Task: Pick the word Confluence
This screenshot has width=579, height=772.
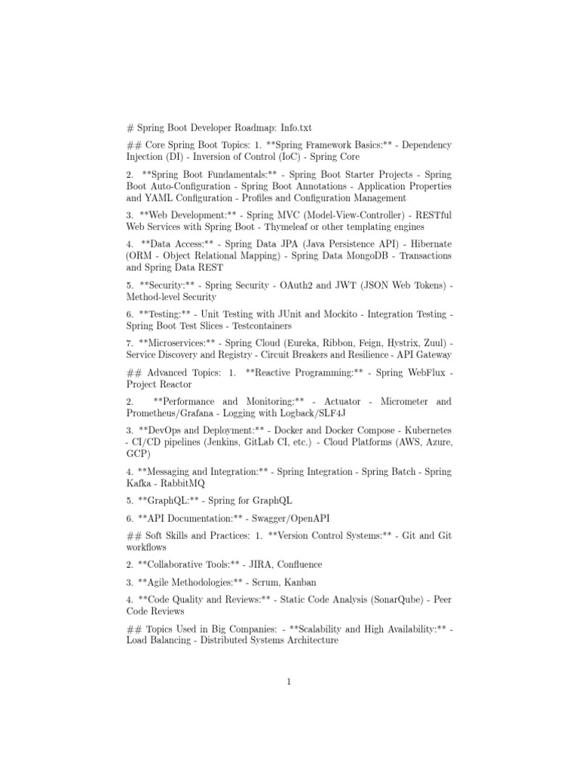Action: (296, 565)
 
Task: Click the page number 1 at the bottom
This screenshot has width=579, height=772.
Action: (289, 683)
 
